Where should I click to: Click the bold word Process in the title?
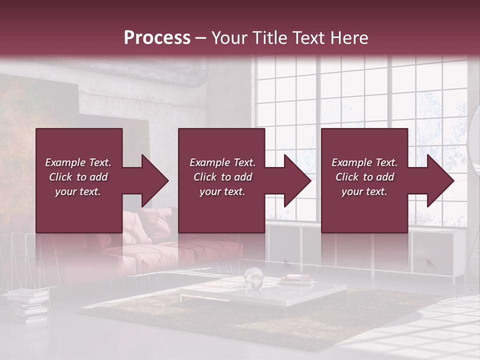pyautogui.click(x=157, y=37)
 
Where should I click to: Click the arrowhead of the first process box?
pyautogui.click(x=153, y=180)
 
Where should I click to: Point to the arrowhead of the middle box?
pyautogui.click(x=295, y=180)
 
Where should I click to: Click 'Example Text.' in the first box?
pyautogui.click(x=78, y=162)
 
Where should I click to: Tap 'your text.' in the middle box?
pyautogui.click(x=222, y=191)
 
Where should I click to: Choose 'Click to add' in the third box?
pyautogui.click(x=364, y=177)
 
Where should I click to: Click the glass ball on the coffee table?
pyautogui.click(x=253, y=276)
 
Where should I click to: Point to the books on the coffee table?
pyautogui.click(x=295, y=280)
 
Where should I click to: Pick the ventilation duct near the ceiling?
pyautogui.click(x=150, y=70)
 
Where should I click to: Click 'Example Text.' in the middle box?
pyautogui.click(x=222, y=162)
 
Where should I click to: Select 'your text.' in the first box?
pyautogui.click(x=78, y=191)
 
